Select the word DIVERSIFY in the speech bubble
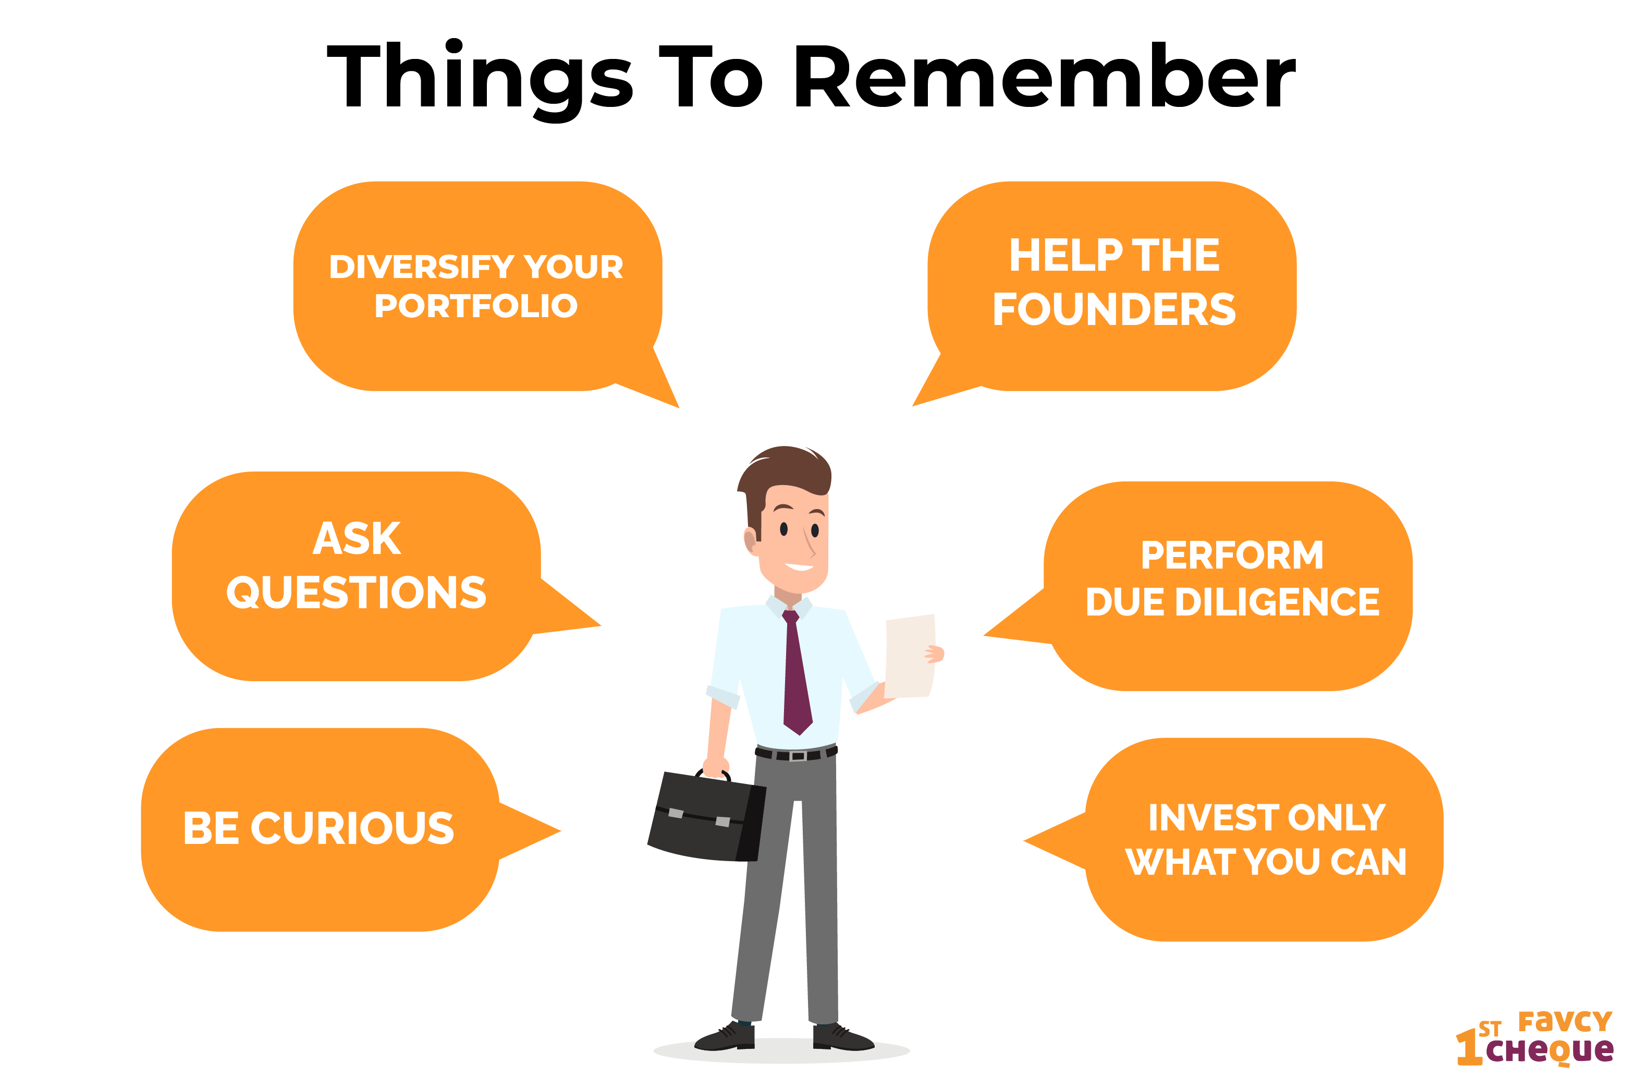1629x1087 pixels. pos(421,267)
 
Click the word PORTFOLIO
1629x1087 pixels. pos(475,306)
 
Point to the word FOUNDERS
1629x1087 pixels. pos(1113,309)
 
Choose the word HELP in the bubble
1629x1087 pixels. pos(1065,255)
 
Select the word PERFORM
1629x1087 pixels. pos(1231,555)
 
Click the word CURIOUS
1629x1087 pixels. pos(352,828)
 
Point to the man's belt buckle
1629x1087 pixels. pos(798,756)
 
